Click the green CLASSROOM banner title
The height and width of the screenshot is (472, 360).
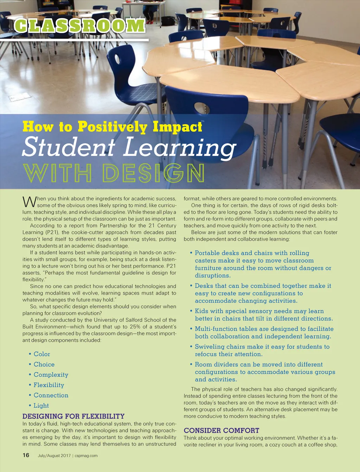click(80, 25)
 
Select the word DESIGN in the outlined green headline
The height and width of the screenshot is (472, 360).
click(153, 172)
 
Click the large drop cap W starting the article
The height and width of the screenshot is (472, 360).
click(29, 202)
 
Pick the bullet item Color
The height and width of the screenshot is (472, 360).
click(42, 354)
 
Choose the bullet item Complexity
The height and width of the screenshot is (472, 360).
click(51, 375)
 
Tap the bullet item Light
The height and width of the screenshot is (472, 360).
click(41, 406)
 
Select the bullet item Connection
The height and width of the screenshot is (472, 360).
click(51, 395)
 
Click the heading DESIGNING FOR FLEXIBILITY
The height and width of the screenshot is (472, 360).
click(73, 416)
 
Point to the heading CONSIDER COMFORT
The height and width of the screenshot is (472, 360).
click(221, 431)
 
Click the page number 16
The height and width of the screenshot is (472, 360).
click(26, 455)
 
